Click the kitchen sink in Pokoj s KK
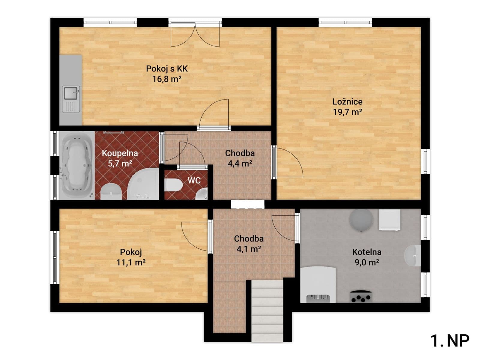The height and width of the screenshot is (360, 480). click(x=71, y=99)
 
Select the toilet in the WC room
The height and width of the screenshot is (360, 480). click(x=174, y=185)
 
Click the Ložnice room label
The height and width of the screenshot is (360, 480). click(x=347, y=102)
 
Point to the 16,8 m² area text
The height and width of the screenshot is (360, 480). click(x=167, y=79)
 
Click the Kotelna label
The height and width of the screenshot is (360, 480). click(x=367, y=252)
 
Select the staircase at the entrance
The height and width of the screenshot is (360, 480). click(x=267, y=311)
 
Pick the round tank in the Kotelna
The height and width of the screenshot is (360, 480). click(x=361, y=220)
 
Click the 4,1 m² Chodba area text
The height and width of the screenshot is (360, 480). click(x=249, y=249)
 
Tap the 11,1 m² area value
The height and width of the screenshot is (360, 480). click(x=131, y=262)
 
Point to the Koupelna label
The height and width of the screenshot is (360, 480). click(x=120, y=153)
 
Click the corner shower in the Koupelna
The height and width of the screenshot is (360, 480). click(x=143, y=184)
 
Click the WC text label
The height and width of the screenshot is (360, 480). click(x=194, y=181)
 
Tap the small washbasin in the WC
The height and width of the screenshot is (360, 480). click(x=201, y=194)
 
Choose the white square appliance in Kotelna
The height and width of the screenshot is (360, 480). click(x=389, y=220)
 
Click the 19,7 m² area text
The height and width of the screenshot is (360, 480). click(x=347, y=112)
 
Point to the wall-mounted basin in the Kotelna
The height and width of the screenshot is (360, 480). click(x=412, y=256)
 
